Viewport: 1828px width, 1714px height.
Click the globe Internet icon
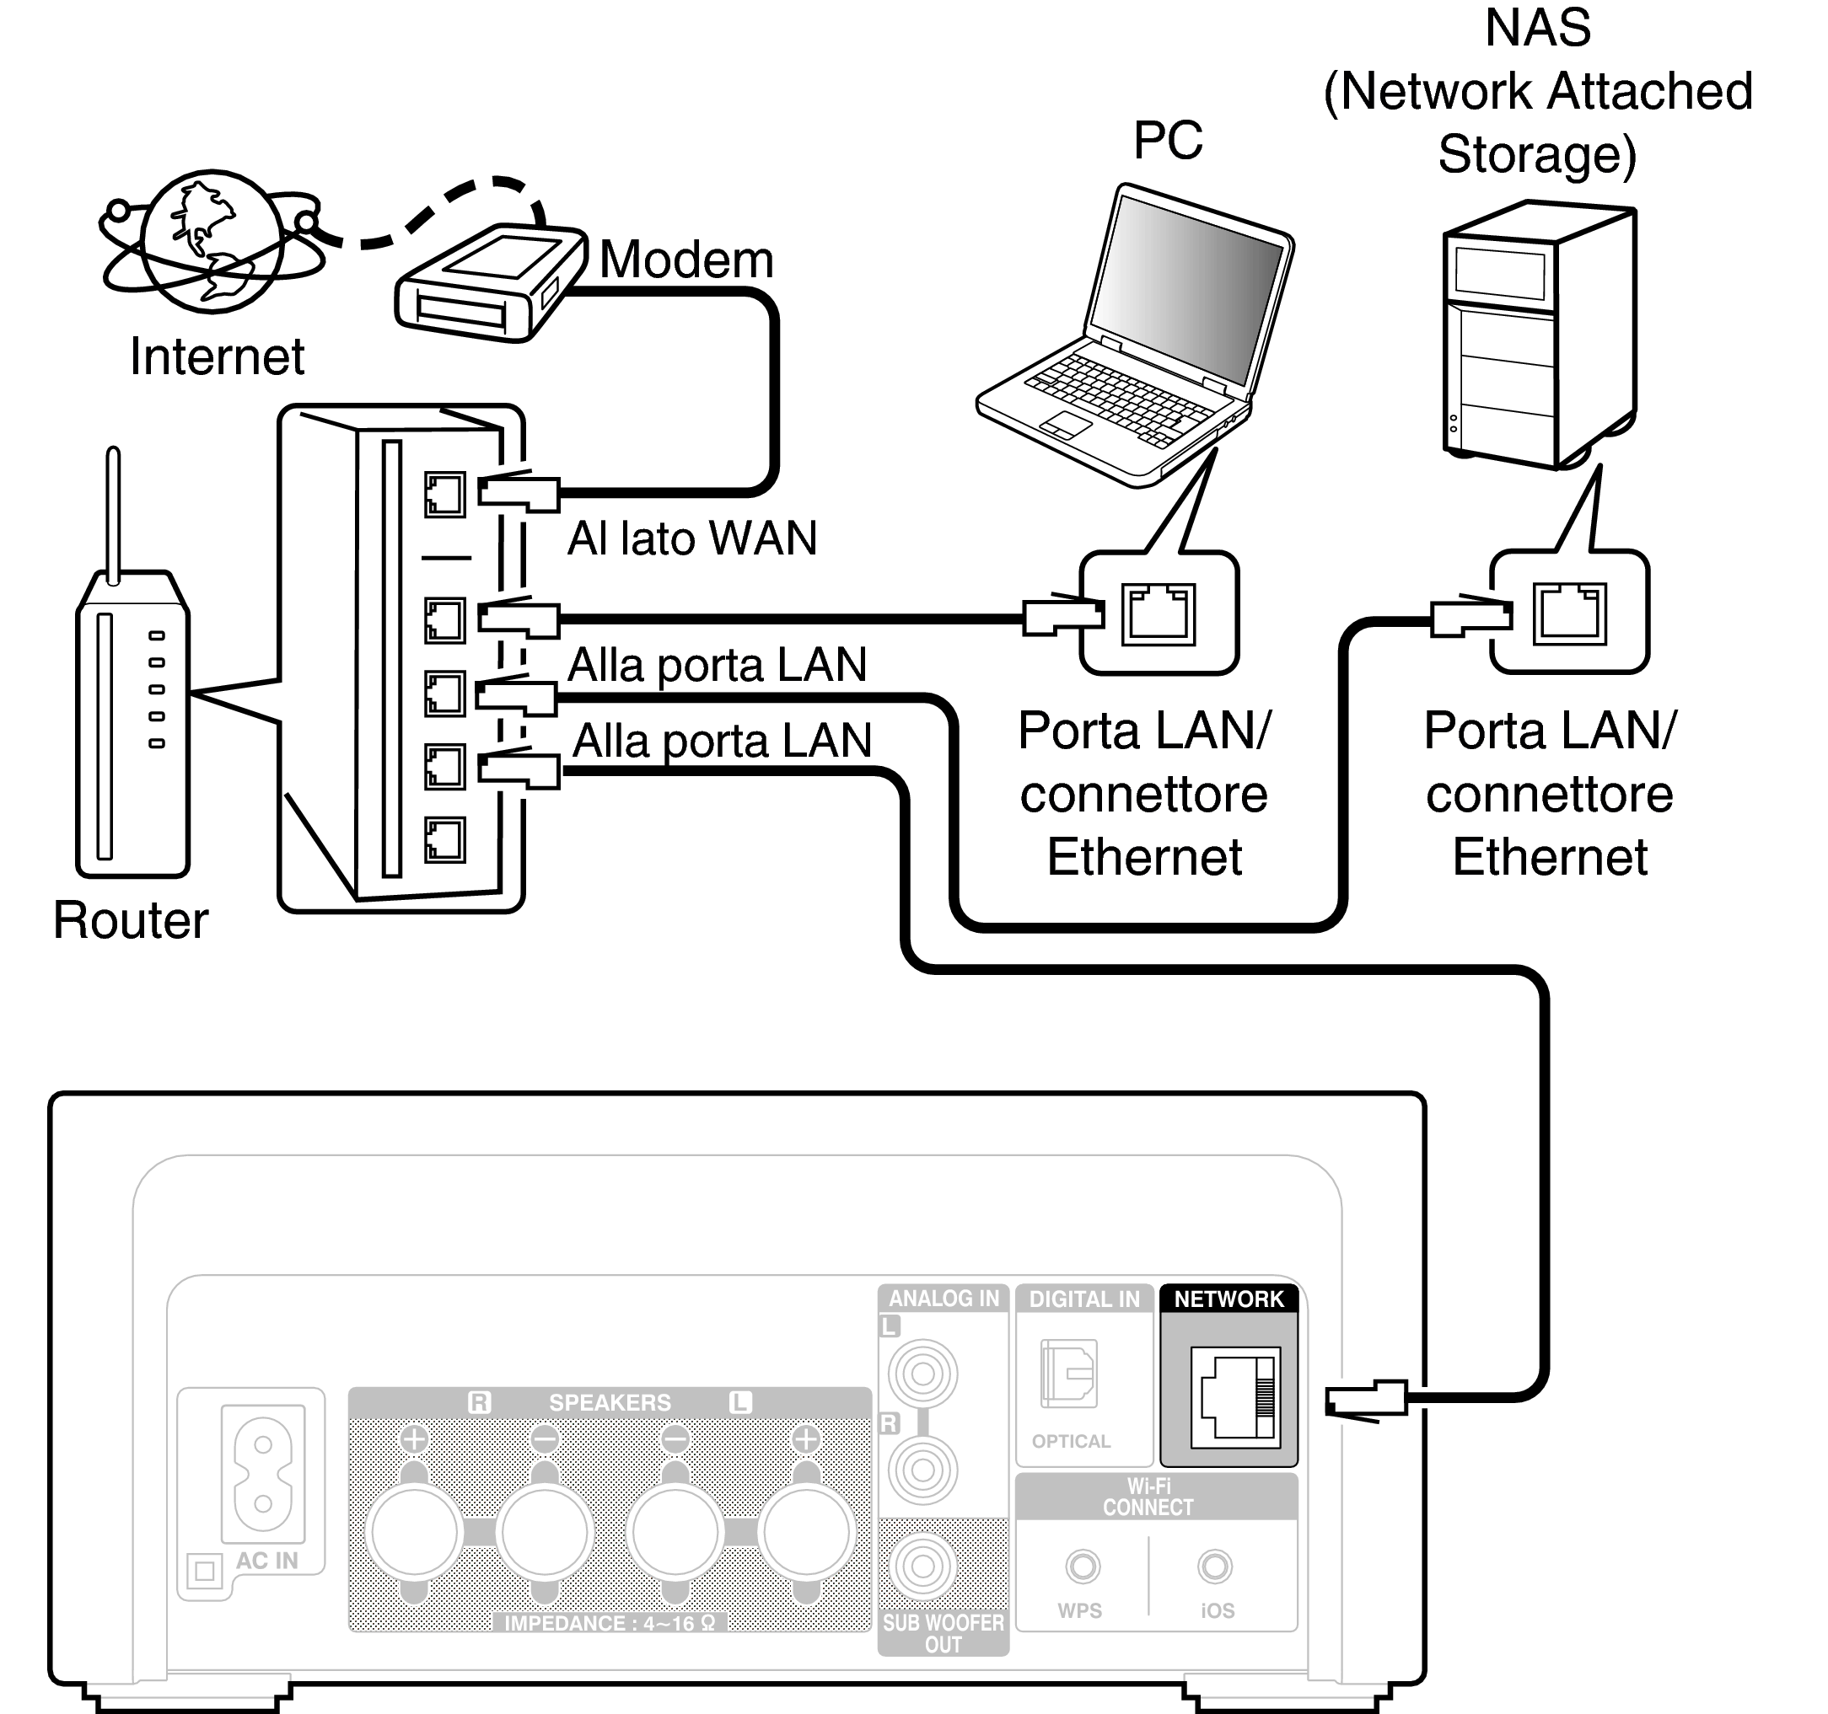point(212,243)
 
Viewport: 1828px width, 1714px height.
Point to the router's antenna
point(113,515)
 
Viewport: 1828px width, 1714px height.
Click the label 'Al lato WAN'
point(691,538)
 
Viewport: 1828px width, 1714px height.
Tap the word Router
point(131,920)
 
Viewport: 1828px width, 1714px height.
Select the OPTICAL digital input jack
point(1068,1374)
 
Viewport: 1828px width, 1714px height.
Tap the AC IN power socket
point(263,1472)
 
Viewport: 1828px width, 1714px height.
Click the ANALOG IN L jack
point(922,1374)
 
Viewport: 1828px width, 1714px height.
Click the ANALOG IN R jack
point(922,1470)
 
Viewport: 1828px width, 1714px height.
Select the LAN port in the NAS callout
point(1568,613)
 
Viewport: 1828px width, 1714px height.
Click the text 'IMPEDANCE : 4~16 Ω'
point(610,1623)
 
